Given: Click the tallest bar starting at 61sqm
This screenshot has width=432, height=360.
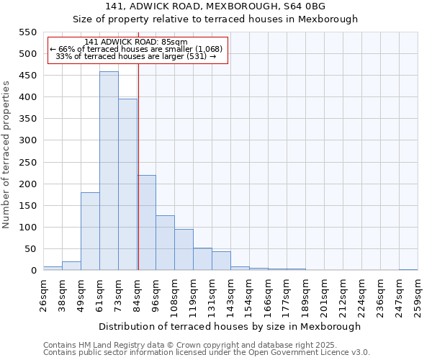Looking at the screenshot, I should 109,171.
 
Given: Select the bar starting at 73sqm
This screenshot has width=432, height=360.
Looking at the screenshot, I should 127,185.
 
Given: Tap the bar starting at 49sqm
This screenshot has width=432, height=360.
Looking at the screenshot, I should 90,231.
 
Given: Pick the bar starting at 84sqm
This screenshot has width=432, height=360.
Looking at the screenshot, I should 147,222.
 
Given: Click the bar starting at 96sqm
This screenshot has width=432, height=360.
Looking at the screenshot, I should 165,243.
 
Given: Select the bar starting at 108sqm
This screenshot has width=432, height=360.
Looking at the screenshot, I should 184,250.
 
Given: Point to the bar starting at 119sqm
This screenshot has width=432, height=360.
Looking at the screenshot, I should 202,259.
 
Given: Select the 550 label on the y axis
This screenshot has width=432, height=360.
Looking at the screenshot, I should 27,32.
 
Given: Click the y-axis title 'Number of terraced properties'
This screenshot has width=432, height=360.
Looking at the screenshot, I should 7,155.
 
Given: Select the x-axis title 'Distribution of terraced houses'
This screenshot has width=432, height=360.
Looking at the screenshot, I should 230,326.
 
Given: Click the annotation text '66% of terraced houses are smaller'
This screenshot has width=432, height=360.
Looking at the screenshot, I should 138,49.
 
